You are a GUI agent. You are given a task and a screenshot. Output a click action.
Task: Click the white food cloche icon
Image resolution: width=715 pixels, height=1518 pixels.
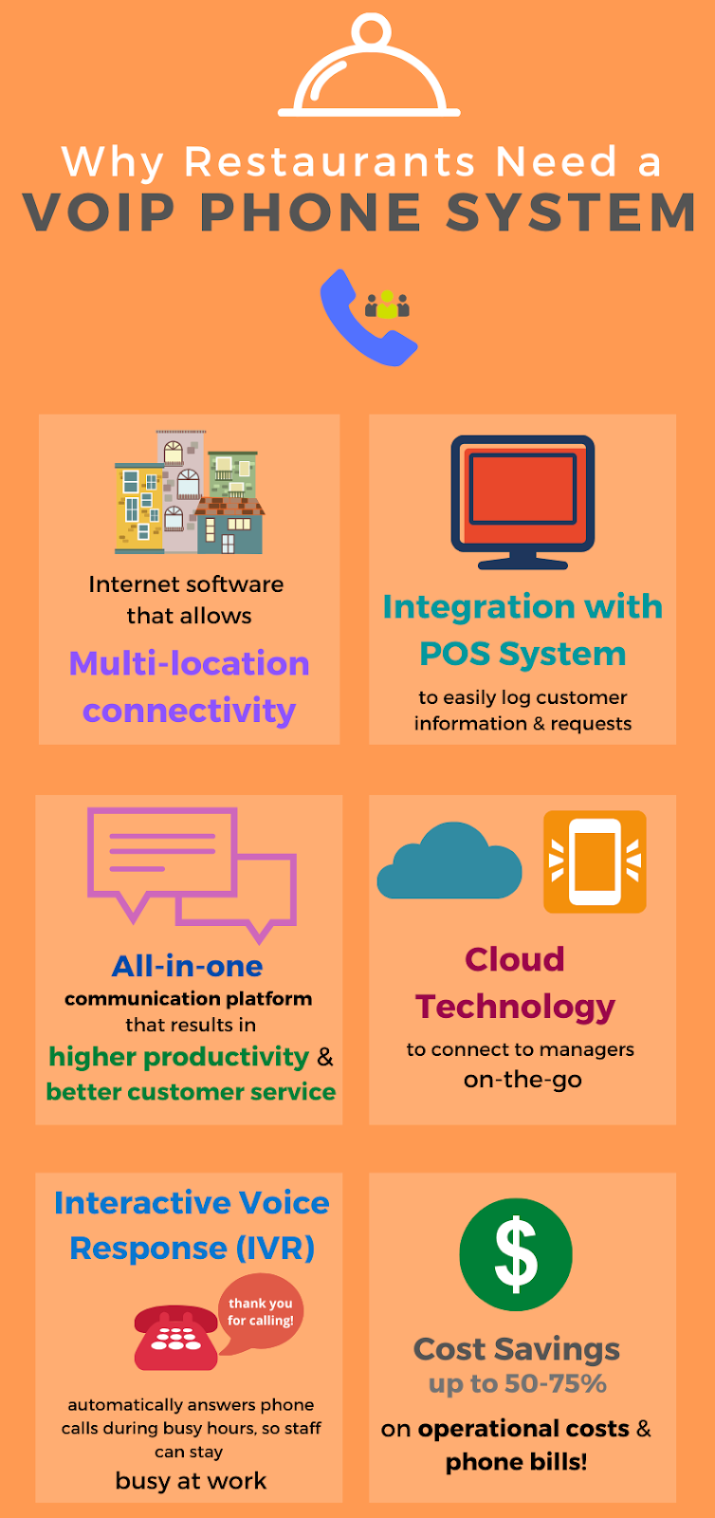369,71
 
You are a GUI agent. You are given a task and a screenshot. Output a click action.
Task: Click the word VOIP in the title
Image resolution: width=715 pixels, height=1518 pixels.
100,213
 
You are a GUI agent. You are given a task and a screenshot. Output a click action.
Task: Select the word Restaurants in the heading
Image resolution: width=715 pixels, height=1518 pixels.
330,161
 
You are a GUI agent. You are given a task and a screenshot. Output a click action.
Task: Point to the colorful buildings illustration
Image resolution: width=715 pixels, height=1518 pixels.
189,492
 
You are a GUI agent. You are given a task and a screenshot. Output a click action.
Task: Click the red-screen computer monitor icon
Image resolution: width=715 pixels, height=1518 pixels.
522,500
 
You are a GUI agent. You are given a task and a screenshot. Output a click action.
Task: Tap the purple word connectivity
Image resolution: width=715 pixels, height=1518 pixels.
189,711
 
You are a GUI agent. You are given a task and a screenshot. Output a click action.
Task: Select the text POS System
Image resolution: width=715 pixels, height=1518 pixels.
522,654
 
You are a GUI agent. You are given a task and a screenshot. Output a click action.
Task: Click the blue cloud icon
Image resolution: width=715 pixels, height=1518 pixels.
449,863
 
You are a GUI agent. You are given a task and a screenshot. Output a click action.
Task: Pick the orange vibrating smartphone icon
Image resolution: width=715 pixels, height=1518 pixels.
595,861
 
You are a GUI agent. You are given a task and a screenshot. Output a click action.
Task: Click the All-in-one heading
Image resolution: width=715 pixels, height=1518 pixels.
188,966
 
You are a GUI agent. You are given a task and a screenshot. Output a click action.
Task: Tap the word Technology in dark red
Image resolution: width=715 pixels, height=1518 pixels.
515,1007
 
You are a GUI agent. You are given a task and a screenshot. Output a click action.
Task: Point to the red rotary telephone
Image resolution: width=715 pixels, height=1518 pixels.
176,1339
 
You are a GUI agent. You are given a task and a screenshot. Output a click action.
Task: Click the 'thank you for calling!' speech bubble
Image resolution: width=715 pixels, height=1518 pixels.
261,1312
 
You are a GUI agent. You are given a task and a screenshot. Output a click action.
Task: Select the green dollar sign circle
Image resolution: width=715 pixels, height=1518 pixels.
516,1254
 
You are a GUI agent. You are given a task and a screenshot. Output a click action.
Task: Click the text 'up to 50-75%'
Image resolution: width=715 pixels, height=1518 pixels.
517,1383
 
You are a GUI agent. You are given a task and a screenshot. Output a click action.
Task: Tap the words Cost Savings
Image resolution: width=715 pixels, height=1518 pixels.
517,1348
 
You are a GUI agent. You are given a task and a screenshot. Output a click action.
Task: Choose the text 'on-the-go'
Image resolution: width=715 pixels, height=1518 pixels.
522,1080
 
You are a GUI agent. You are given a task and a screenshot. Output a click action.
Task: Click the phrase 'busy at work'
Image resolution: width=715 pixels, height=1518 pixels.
191,1481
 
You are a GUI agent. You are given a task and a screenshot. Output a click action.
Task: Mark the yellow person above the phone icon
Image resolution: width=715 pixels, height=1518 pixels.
387,305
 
